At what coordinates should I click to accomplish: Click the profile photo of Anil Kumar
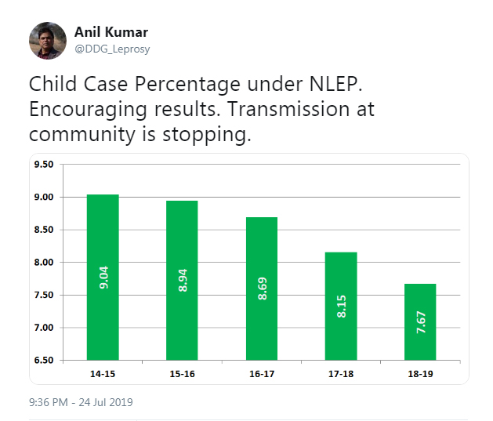(48, 40)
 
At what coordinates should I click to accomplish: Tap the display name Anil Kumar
(111, 32)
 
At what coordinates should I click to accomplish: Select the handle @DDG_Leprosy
(112, 49)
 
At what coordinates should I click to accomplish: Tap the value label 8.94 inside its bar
(183, 279)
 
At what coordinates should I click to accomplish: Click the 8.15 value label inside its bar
(341, 306)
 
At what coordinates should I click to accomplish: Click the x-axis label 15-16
(182, 374)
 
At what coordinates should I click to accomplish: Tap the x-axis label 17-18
(340, 374)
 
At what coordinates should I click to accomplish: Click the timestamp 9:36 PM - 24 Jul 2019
(81, 402)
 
